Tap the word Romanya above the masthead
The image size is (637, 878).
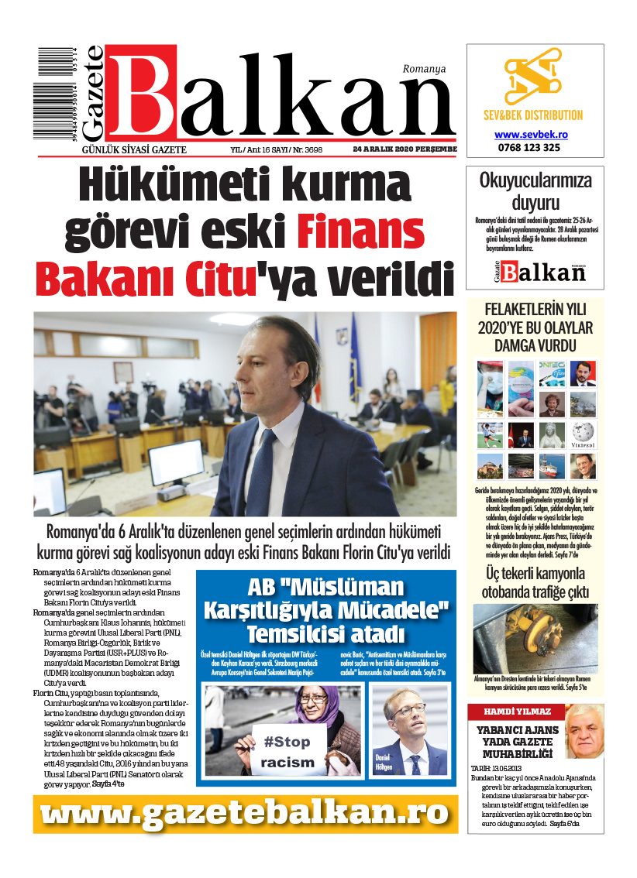pyautogui.click(x=424, y=69)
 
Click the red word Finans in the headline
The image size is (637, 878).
pyautogui.click(x=361, y=232)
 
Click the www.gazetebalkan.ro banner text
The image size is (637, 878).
pyautogui.click(x=245, y=814)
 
